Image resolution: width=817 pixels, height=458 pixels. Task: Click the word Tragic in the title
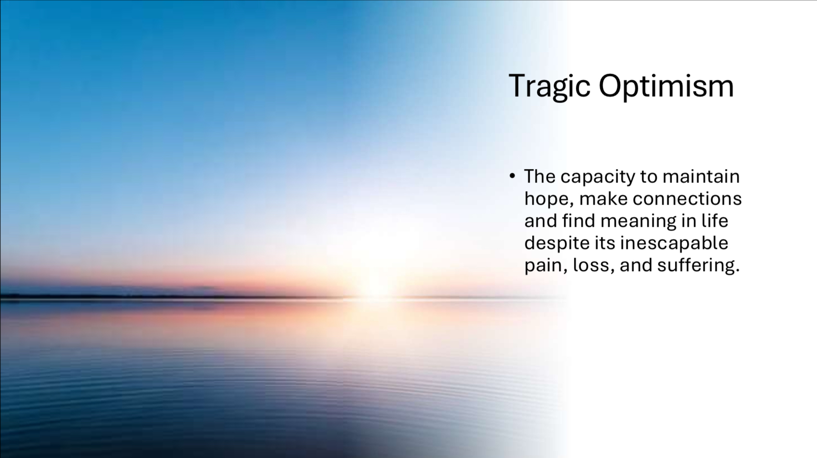point(549,87)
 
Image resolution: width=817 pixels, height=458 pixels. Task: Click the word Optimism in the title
point(666,87)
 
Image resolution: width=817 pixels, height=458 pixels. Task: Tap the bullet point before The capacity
point(512,176)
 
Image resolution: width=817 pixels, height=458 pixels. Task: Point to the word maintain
point(701,176)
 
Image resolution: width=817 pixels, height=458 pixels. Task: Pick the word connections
point(687,199)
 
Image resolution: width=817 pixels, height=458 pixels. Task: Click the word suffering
point(696,266)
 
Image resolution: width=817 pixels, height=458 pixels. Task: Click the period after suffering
point(738,271)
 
